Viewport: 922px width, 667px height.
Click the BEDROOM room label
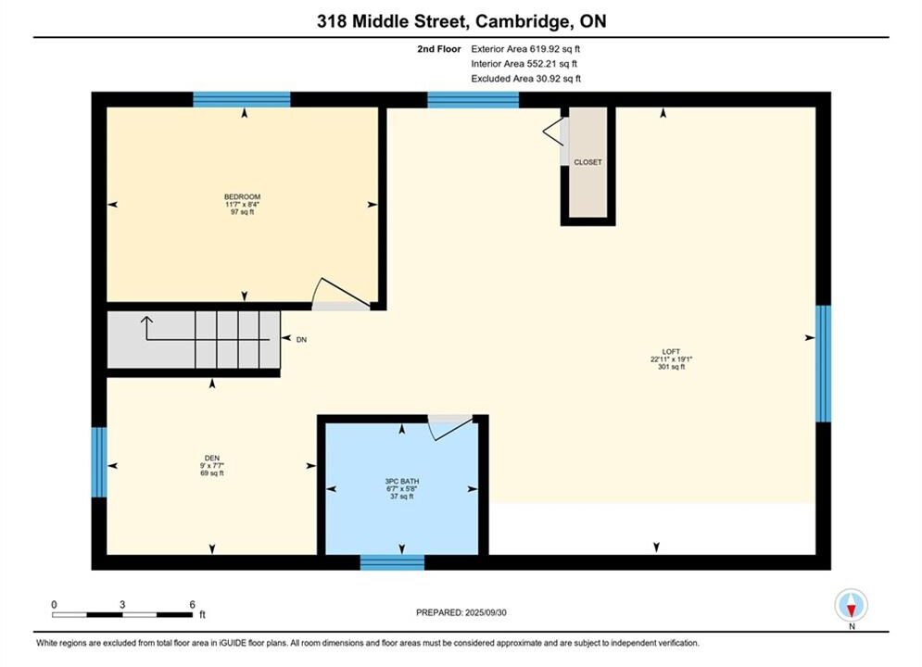coord(242,197)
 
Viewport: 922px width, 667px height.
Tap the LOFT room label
coord(671,351)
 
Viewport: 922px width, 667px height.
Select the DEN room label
coord(211,458)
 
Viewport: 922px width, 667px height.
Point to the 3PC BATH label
coord(401,482)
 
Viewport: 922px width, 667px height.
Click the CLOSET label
coord(588,162)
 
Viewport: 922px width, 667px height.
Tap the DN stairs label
coord(301,340)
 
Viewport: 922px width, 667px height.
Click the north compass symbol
coord(851,605)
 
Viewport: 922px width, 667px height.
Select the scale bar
coord(122,615)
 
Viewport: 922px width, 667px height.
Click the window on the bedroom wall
coord(242,99)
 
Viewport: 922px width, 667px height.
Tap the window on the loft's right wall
coord(823,363)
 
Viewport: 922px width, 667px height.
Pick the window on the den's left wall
coord(99,462)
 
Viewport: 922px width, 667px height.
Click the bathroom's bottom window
coord(392,562)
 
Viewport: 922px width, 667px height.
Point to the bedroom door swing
coord(341,292)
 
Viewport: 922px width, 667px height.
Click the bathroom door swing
coord(449,427)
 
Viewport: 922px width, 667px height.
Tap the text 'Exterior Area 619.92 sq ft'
coord(525,49)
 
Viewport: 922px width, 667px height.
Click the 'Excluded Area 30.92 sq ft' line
coord(525,79)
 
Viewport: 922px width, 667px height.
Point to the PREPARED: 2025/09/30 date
coord(461,612)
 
